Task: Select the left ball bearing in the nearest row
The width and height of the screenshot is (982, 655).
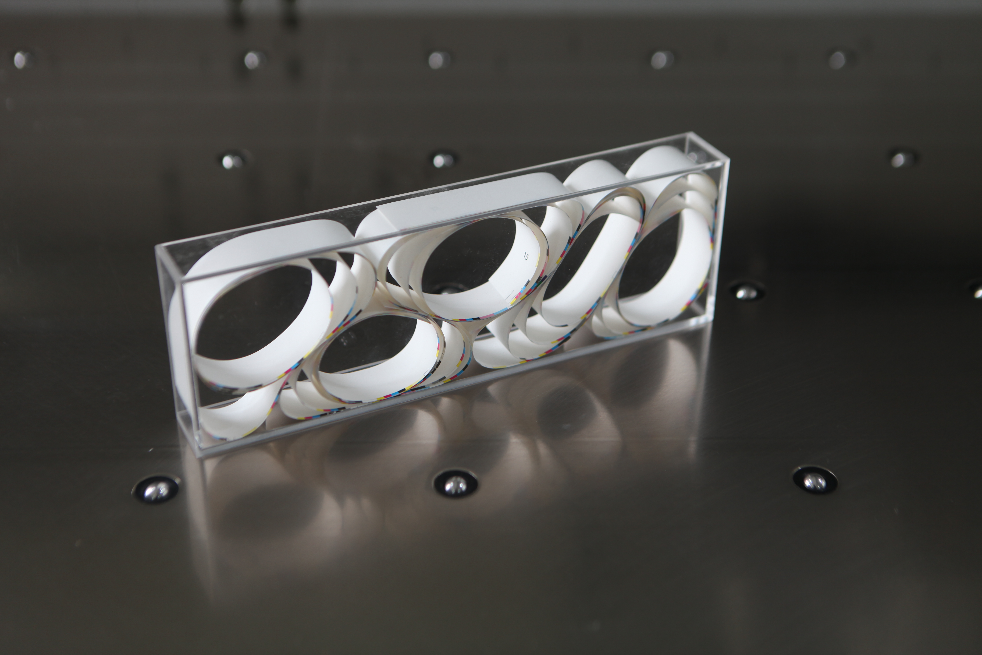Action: coord(155,489)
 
